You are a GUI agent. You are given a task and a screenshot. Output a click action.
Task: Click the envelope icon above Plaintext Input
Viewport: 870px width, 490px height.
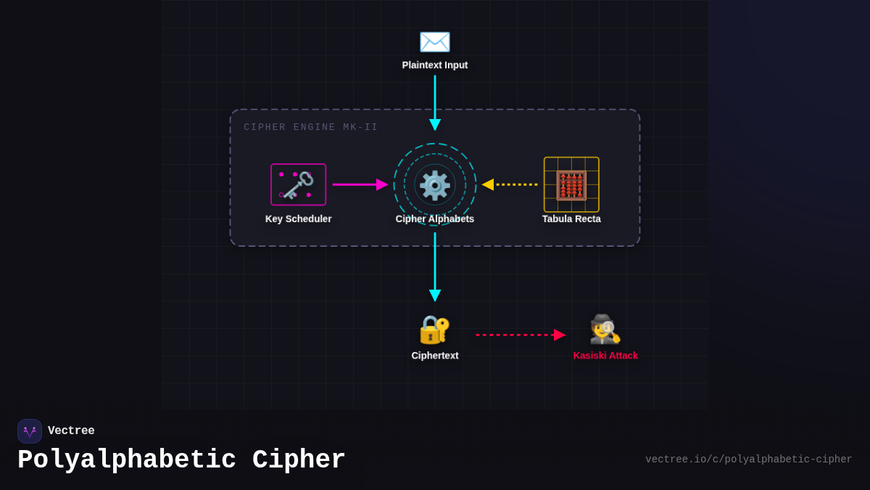click(435, 41)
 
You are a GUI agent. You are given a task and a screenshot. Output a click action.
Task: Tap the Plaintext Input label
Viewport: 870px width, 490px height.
click(435, 65)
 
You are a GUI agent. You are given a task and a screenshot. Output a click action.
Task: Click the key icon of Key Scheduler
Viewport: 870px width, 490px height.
click(298, 185)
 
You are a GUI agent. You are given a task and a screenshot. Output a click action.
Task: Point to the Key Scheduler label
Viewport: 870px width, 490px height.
click(298, 219)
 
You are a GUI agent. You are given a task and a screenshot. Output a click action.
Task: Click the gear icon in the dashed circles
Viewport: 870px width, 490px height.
click(435, 185)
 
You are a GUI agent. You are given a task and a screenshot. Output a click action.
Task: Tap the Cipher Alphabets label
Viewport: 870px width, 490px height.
click(435, 219)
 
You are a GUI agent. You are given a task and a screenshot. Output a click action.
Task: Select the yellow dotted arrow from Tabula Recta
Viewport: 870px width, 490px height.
click(510, 184)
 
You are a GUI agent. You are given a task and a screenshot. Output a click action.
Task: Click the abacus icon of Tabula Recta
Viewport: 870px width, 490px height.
click(571, 185)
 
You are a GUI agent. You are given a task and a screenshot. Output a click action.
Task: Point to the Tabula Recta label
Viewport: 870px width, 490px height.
click(571, 219)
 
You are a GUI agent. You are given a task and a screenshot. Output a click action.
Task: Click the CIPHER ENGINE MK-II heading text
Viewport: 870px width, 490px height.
click(311, 128)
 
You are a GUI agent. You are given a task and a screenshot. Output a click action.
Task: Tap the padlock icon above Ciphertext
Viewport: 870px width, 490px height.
click(435, 330)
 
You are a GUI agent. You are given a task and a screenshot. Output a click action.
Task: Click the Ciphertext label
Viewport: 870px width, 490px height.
click(435, 356)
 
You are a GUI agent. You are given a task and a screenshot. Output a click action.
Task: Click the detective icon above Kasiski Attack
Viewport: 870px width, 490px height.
click(605, 330)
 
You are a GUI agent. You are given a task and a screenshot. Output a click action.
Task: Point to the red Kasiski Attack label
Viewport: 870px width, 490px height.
click(605, 356)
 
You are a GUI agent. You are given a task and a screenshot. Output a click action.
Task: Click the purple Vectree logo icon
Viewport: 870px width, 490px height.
click(30, 431)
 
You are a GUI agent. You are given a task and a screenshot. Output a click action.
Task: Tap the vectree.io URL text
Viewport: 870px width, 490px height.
click(748, 460)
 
